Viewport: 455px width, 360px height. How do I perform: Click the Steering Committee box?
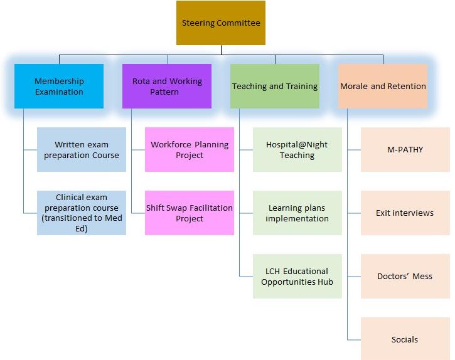[x=220, y=23]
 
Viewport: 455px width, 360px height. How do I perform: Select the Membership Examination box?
[x=59, y=87]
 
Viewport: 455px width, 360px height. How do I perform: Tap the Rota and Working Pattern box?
[x=167, y=87]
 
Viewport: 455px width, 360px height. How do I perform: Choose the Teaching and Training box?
[x=275, y=87]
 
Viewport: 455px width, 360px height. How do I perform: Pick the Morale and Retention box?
[x=383, y=87]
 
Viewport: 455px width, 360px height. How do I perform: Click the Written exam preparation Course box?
[x=82, y=150]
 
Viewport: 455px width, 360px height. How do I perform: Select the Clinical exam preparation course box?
[x=82, y=213]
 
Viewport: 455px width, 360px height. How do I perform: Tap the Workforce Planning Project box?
[x=190, y=150]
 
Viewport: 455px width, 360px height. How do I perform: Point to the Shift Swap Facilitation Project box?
[x=190, y=213]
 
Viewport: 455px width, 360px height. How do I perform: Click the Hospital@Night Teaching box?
[x=297, y=150]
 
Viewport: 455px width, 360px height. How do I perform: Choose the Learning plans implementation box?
[x=297, y=213]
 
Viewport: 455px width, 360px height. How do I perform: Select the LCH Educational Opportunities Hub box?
[x=297, y=277]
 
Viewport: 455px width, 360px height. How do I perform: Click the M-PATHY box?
[x=405, y=150]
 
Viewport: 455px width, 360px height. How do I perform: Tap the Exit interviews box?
[x=405, y=213]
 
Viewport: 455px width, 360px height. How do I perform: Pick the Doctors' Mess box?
[x=405, y=277]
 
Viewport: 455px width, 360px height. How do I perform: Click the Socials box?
[x=405, y=340]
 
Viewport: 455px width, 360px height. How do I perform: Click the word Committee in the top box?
[x=238, y=23]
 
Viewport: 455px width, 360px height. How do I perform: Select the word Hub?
[x=325, y=282]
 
